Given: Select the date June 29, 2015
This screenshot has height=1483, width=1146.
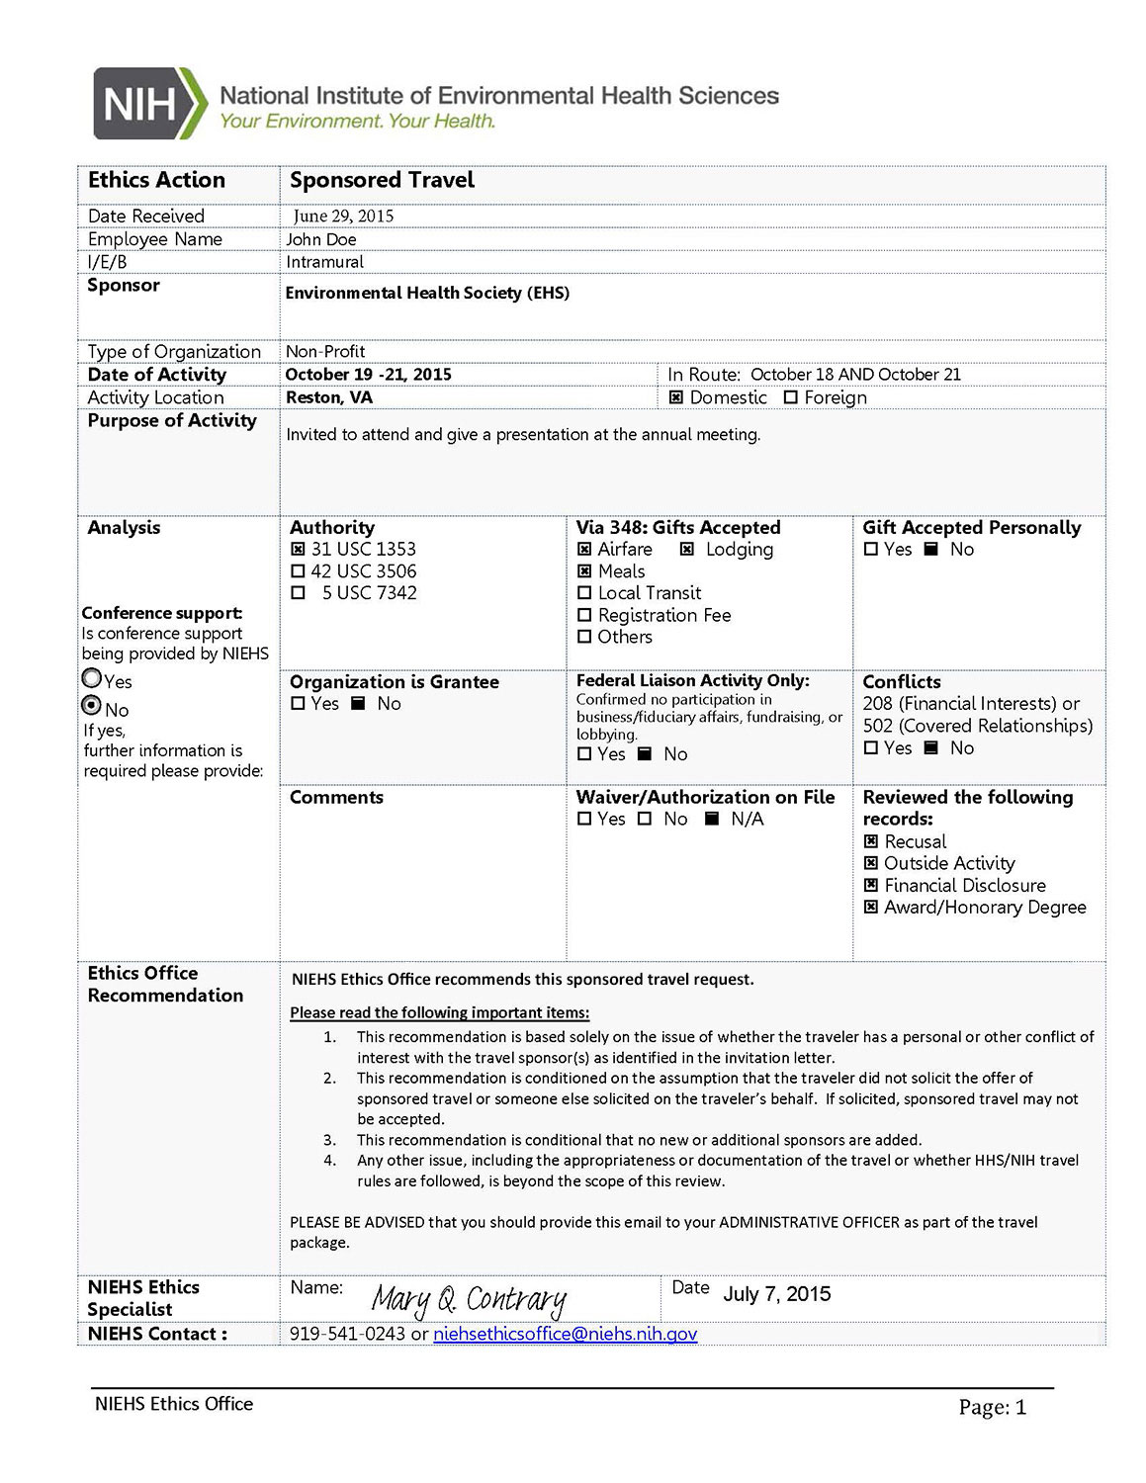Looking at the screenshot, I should [x=343, y=216].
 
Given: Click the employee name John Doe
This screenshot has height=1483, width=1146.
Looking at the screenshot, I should [x=320, y=239].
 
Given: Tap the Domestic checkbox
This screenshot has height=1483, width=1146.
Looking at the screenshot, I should [x=676, y=397].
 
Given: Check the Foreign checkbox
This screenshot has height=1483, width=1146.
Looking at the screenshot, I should [x=791, y=397].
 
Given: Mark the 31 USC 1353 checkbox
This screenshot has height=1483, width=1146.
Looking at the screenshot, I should [x=298, y=549].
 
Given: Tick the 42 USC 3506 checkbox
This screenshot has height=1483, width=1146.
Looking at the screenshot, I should [x=298, y=571].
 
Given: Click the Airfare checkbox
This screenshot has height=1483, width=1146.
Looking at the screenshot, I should [x=584, y=549].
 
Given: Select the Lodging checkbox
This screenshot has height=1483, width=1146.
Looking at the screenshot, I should [x=687, y=549].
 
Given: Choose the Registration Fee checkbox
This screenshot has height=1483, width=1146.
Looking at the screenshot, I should [x=584, y=615].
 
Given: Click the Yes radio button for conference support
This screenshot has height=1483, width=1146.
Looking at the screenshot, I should [x=92, y=678].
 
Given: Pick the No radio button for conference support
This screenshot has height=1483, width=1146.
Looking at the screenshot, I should [x=92, y=706].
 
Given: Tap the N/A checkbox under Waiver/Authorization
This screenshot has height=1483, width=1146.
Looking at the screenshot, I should [x=712, y=819].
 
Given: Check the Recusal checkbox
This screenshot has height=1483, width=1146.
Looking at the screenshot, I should [x=871, y=841].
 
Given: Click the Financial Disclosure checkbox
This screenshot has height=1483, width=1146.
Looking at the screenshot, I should [x=871, y=885].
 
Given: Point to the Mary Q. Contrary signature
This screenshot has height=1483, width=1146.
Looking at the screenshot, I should [x=469, y=1298].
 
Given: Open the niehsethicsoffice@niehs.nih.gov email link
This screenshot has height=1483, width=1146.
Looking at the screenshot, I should [x=565, y=1334].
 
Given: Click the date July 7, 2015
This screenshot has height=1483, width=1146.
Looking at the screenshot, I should [x=777, y=1294].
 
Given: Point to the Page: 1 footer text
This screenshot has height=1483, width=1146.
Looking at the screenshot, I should [x=992, y=1407].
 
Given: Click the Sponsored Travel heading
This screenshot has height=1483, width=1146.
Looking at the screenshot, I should [x=382, y=180].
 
